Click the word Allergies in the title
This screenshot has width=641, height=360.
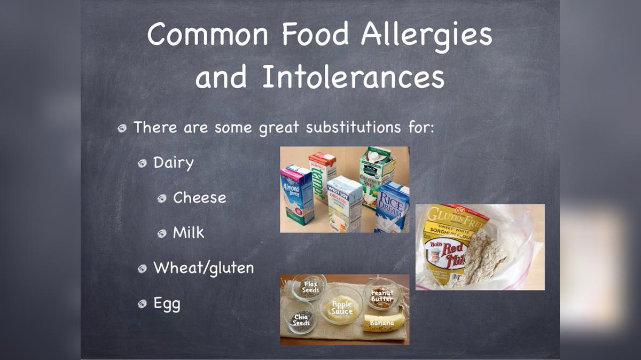[426, 35]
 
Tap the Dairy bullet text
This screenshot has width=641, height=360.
[174, 162]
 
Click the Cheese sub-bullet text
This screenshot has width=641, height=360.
[199, 198]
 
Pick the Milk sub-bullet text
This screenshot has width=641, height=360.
[189, 232]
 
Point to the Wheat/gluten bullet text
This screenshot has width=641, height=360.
[204, 268]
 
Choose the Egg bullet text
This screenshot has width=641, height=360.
[167, 303]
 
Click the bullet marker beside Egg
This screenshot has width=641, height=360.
[142, 303]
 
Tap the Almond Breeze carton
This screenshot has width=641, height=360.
[296, 195]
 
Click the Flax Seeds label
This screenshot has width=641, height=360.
[310, 287]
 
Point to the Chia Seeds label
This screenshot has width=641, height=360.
[301, 320]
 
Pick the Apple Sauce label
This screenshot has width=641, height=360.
[342, 308]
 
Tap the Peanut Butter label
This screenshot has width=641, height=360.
[382, 295]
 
